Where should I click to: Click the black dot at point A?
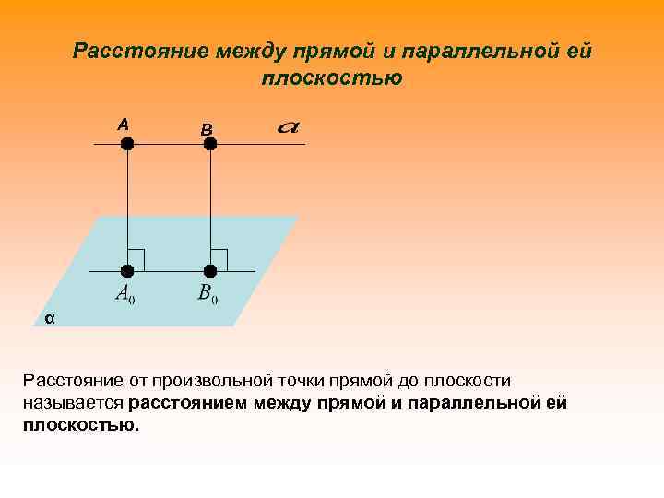click(x=127, y=144)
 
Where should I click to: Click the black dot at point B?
click(x=209, y=144)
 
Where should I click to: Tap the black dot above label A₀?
click(x=127, y=271)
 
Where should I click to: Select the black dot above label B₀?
click(x=210, y=271)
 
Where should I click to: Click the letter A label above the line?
click(x=124, y=124)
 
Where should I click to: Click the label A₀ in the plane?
click(x=125, y=295)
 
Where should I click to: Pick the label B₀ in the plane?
click(x=207, y=295)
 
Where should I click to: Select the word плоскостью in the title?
click(x=332, y=78)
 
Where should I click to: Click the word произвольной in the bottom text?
click(x=208, y=380)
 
